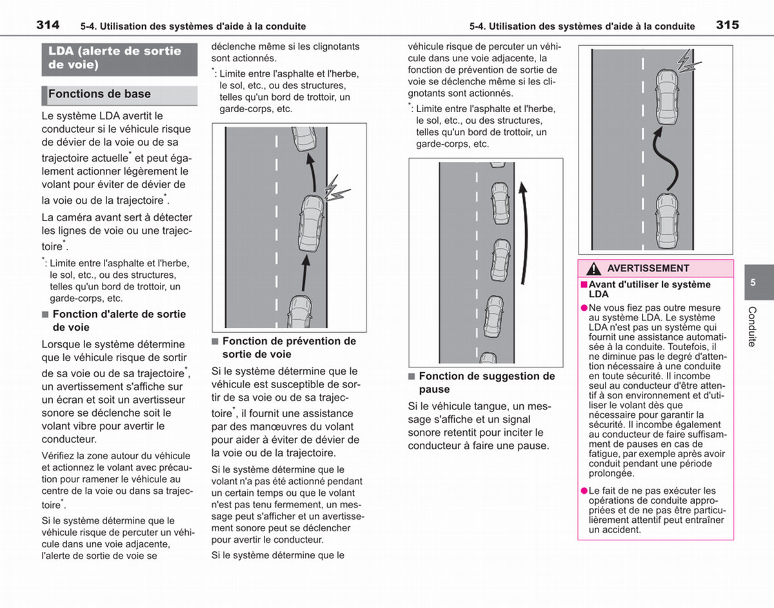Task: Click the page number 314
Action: [48, 25]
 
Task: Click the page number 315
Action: [728, 25]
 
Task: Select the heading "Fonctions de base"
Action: [99, 94]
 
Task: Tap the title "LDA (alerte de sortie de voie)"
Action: [115, 57]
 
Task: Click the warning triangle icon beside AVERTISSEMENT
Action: [594, 269]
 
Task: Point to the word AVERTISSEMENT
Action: [648, 268]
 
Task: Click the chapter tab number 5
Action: [753, 282]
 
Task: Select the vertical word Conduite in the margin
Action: [752, 326]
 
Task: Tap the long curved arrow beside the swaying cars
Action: [525, 233]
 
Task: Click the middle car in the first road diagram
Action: [312, 223]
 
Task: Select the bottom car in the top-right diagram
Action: [667, 221]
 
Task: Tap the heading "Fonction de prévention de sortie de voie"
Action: [289, 348]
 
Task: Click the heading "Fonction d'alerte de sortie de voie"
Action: [119, 320]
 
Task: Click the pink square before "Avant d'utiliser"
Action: [584, 284]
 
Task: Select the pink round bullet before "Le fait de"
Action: [584, 491]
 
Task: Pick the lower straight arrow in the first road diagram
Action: [305, 273]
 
